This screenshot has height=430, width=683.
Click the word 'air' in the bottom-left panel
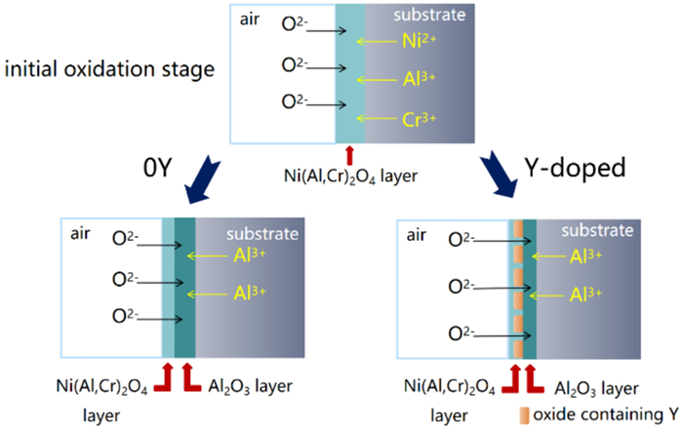click(x=82, y=234)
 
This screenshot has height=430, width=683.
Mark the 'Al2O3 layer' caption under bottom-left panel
click(x=251, y=383)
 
